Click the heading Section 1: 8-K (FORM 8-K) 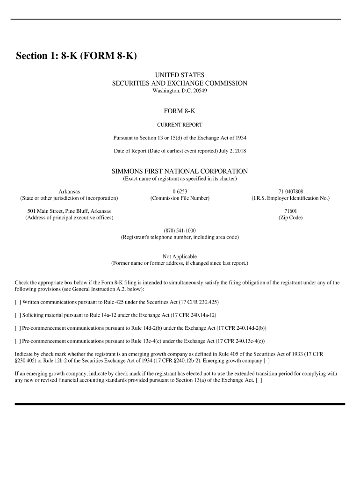pyautogui.click(x=76, y=56)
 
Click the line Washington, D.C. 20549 pyautogui.click(x=180, y=90)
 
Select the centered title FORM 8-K pyautogui.click(x=180, y=111)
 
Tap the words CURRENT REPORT pyautogui.click(x=180, y=125)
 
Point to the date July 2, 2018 pyautogui.click(x=232, y=151)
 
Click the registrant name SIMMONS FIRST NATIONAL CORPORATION pyautogui.click(x=180, y=171)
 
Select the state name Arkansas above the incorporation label pyautogui.click(x=69, y=191)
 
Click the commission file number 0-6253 pyautogui.click(x=180, y=191)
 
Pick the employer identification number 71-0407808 pyautogui.click(x=290, y=191)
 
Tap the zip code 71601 pyautogui.click(x=290, y=211)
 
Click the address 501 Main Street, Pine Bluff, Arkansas pyautogui.click(x=69, y=211)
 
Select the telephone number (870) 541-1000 pyautogui.click(x=180, y=231)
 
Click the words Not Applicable pyautogui.click(x=180, y=256)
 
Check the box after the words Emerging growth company pyautogui.click(x=266, y=361)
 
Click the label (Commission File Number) pyautogui.click(x=180, y=198)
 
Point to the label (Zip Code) pyautogui.click(x=290, y=218)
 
